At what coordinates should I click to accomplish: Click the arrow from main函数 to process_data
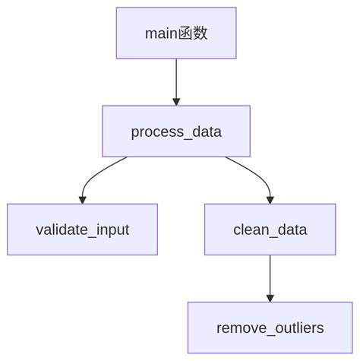tap(176, 79)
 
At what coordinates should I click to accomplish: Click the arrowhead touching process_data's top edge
tap(176, 101)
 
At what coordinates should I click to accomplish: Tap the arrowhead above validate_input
tap(82, 199)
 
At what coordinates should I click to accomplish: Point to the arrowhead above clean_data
tap(270, 199)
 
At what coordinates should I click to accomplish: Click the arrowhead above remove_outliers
tap(270, 298)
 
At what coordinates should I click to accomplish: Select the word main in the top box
tap(161, 33)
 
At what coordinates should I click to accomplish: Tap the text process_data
tap(176, 132)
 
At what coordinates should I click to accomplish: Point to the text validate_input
tap(82, 230)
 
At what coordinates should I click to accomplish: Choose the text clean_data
tap(270, 230)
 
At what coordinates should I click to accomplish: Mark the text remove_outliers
tap(270, 328)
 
